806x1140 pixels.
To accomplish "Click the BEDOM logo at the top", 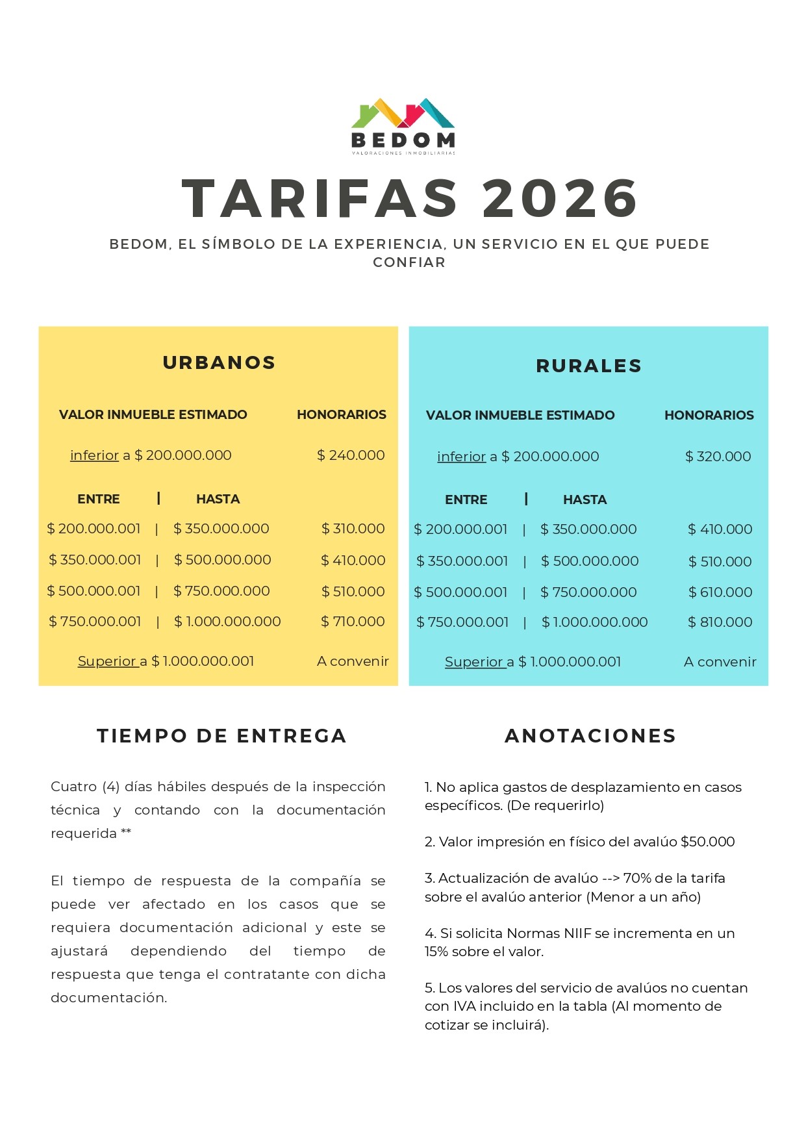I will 403,127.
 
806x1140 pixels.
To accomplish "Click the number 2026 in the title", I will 560,198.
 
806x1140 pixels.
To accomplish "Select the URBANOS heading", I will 219,362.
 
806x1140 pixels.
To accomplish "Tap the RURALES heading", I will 588,366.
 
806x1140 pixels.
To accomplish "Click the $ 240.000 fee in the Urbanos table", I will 351,455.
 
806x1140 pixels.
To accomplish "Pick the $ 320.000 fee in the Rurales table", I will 718,457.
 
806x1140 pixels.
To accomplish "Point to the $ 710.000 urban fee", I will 353,622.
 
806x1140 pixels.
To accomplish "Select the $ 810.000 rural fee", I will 720,622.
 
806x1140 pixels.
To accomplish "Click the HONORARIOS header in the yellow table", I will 341,414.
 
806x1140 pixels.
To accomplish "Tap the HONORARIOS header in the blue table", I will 709,415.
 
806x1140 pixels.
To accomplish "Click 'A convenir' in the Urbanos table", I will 353,661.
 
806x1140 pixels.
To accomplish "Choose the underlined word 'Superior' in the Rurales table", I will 474,662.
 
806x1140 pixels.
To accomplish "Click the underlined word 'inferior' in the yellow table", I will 94,455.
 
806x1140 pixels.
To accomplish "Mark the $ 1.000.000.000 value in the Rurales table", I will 594,622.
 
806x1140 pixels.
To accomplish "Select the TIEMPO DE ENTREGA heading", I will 221,736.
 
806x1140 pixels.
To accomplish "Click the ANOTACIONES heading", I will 590,736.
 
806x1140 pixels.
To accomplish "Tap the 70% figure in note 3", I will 637,878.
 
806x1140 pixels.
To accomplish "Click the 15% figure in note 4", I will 436,952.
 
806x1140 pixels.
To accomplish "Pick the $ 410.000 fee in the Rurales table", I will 720,529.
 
